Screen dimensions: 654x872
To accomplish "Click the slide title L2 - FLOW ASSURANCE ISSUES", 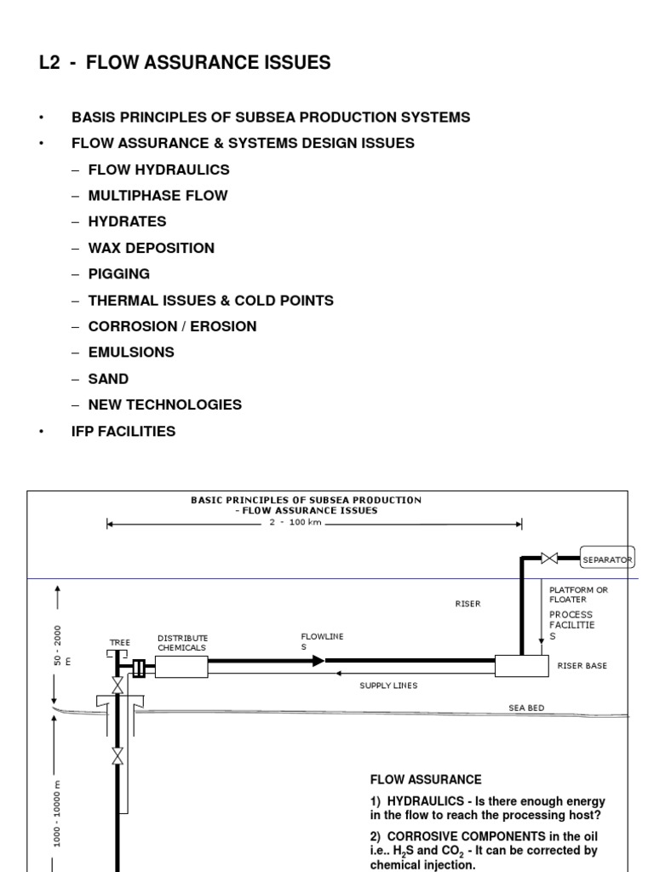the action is click(x=185, y=62).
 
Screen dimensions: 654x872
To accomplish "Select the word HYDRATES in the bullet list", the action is click(x=127, y=221).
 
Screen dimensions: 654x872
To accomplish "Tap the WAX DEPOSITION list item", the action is click(x=151, y=248).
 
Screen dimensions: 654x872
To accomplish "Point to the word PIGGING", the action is click(x=118, y=274).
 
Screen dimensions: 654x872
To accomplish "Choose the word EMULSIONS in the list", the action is click(x=131, y=353).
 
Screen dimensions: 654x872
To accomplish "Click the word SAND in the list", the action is click(x=108, y=379).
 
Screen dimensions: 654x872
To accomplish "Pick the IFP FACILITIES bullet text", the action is click(x=123, y=432).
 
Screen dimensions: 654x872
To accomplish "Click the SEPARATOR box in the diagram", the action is click(x=606, y=559).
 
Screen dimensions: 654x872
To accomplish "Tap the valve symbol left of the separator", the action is click(x=550, y=559).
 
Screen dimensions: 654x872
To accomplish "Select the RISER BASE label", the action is click(x=582, y=666).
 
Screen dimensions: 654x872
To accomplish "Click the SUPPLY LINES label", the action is click(x=388, y=686).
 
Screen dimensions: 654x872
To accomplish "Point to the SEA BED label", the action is click(x=526, y=708).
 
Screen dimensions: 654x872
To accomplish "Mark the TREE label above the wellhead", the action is click(x=119, y=643).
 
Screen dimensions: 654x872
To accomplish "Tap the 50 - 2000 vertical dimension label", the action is click(x=56, y=645).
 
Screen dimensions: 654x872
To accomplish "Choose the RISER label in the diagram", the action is click(x=468, y=604).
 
